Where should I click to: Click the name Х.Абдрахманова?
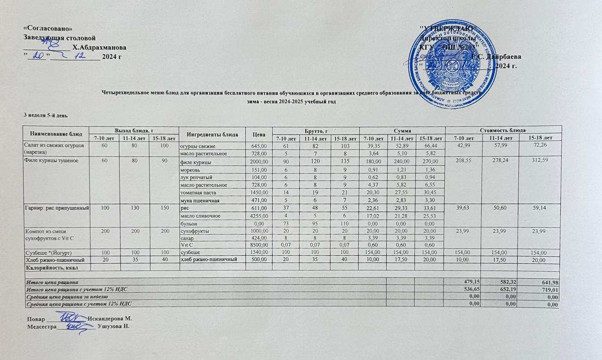pyautogui.click(x=99, y=47)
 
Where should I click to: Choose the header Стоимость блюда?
pyautogui.click(x=502, y=129)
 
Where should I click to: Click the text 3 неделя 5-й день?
pyautogui.click(x=47, y=115)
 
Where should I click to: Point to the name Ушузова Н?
pyautogui.click(x=113, y=326)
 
